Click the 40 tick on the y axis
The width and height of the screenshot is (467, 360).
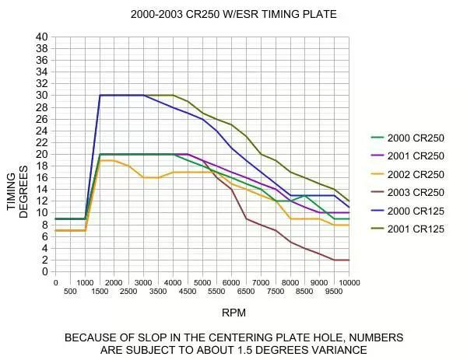coord(41,37)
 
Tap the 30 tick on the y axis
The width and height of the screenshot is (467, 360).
coord(41,95)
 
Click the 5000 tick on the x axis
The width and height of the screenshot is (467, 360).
coord(202,282)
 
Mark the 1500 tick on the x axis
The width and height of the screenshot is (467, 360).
coord(99,292)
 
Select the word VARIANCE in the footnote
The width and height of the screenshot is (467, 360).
coord(339,350)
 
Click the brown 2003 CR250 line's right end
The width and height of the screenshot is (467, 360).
coord(349,260)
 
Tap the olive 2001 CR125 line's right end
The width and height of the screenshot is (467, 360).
coord(349,201)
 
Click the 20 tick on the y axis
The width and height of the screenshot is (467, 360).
coord(41,154)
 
